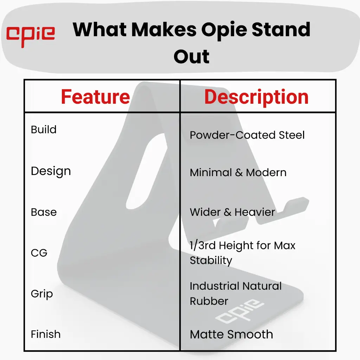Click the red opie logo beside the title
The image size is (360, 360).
(x=31, y=37)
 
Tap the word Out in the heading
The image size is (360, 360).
(x=192, y=56)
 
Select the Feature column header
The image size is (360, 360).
(x=95, y=97)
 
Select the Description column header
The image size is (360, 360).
(x=256, y=97)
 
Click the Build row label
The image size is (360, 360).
(x=44, y=129)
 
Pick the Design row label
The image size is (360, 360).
(x=51, y=171)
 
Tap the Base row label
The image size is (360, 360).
(x=44, y=212)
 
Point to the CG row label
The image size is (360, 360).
(x=39, y=253)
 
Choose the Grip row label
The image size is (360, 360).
(x=42, y=294)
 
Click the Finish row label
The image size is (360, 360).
(x=46, y=334)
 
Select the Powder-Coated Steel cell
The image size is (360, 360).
(x=247, y=135)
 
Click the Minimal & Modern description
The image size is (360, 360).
(x=238, y=172)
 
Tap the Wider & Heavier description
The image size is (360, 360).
(x=232, y=212)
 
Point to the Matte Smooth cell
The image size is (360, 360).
(x=231, y=334)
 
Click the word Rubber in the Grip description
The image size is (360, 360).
(x=209, y=301)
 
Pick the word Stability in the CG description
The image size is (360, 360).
(x=211, y=261)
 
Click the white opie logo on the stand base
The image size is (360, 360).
(x=239, y=311)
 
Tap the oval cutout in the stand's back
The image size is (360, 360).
(x=146, y=171)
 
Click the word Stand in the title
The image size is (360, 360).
(x=281, y=30)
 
